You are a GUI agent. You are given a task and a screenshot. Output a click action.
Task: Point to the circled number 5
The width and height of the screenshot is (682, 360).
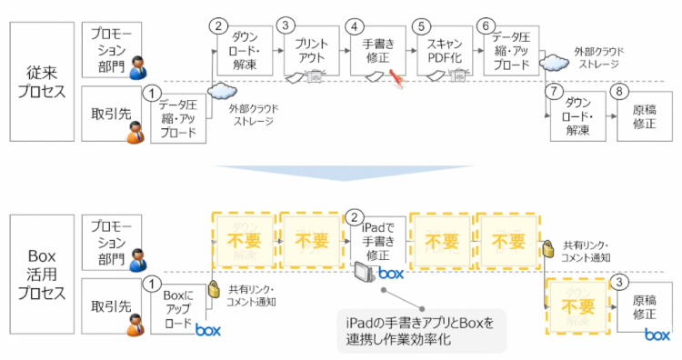coord(419,26)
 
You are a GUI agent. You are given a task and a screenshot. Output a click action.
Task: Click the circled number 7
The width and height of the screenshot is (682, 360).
coord(552,93)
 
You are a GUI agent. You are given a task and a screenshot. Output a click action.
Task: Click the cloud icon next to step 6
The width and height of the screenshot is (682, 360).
coord(551,62)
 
